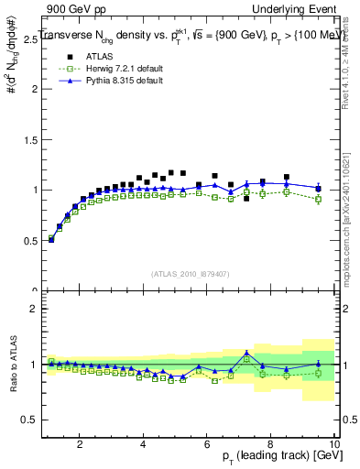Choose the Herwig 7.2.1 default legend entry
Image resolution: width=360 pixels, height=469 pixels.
coord(115,70)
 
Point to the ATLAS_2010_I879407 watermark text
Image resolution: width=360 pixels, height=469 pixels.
coord(190,273)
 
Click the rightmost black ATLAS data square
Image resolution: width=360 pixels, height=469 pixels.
coord(318,190)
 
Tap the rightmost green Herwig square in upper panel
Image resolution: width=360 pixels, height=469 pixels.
coord(318,199)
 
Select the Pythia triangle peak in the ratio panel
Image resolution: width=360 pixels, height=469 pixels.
coord(246,353)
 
